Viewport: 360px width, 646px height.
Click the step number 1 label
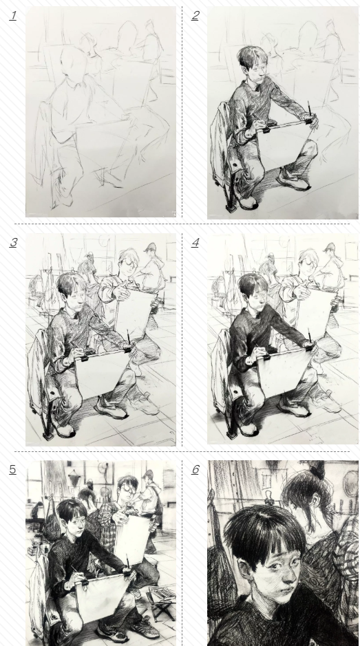tap(13, 16)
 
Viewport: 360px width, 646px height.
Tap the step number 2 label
tap(195, 16)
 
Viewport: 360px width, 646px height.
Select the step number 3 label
tap(13, 243)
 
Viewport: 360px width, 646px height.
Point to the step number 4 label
tap(195, 243)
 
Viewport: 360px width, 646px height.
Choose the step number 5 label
tap(13, 469)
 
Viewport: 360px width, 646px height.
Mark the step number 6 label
tap(195, 469)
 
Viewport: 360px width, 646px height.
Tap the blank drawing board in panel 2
tap(284, 145)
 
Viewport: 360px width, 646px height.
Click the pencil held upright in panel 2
tap(308, 109)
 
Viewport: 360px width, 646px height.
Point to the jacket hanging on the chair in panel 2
tap(221, 145)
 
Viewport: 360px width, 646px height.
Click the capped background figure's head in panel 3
tap(150, 248)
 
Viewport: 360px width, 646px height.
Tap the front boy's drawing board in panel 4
tap(284, 373)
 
